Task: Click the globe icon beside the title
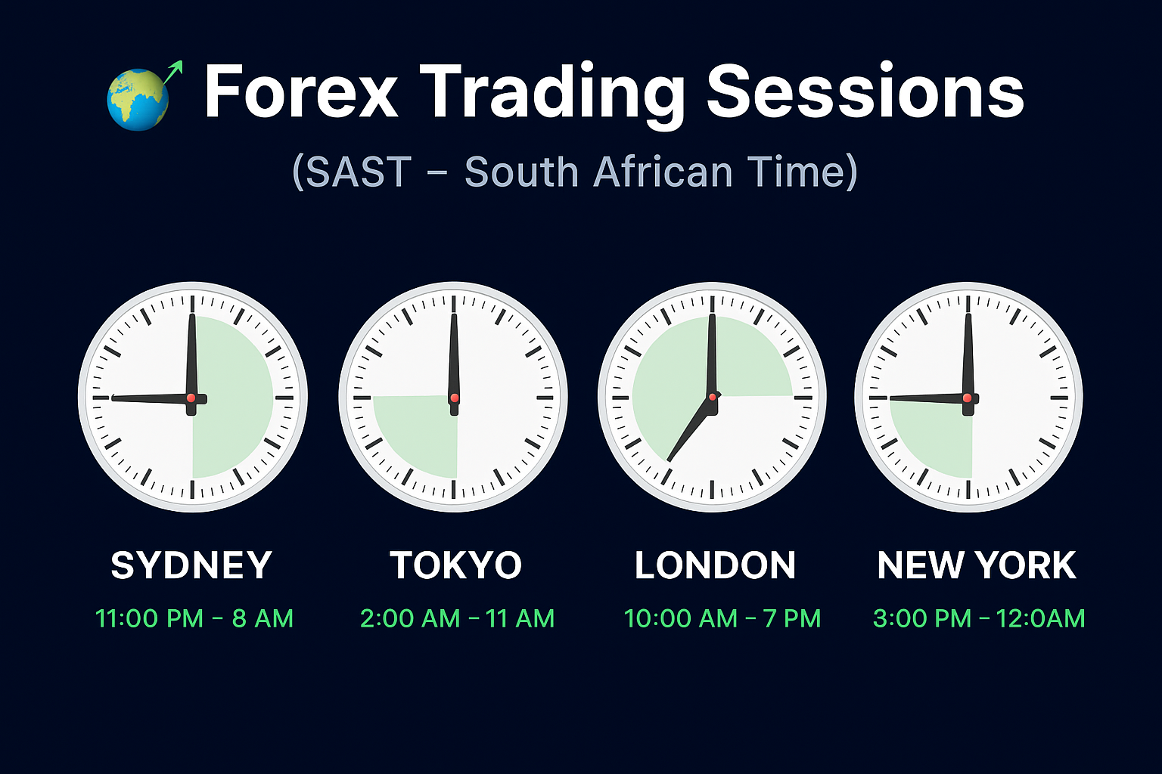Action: point(138,100)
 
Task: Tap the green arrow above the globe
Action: point(172,72)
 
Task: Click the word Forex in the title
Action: point(301,92)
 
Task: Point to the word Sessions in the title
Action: point(865,92)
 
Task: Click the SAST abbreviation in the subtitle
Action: point(359,172)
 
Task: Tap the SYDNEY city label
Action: point(191,565)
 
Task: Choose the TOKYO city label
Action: point(456,565)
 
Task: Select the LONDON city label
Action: point(715,565)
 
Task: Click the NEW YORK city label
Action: point(977,565)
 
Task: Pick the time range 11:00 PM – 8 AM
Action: point(194,618)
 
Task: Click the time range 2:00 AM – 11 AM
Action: point(458,618)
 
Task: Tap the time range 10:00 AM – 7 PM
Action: point(722,618)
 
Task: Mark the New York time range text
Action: point(979,618)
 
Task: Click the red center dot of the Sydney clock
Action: point(191,398)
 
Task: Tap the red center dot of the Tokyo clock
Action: point(455,398)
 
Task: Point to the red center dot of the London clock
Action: point(712,397)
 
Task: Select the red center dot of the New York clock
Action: point(967,398)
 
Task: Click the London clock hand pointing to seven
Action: point(689,429)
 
